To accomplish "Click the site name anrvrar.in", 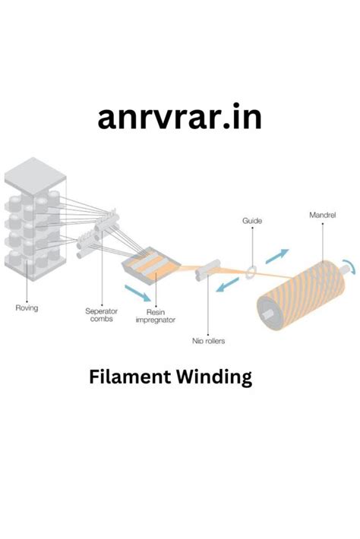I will [180, 117].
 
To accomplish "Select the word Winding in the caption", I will [217, 377].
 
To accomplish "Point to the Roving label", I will [27, 307].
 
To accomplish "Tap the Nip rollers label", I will [210, 340].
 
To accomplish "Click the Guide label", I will [252, 220].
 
